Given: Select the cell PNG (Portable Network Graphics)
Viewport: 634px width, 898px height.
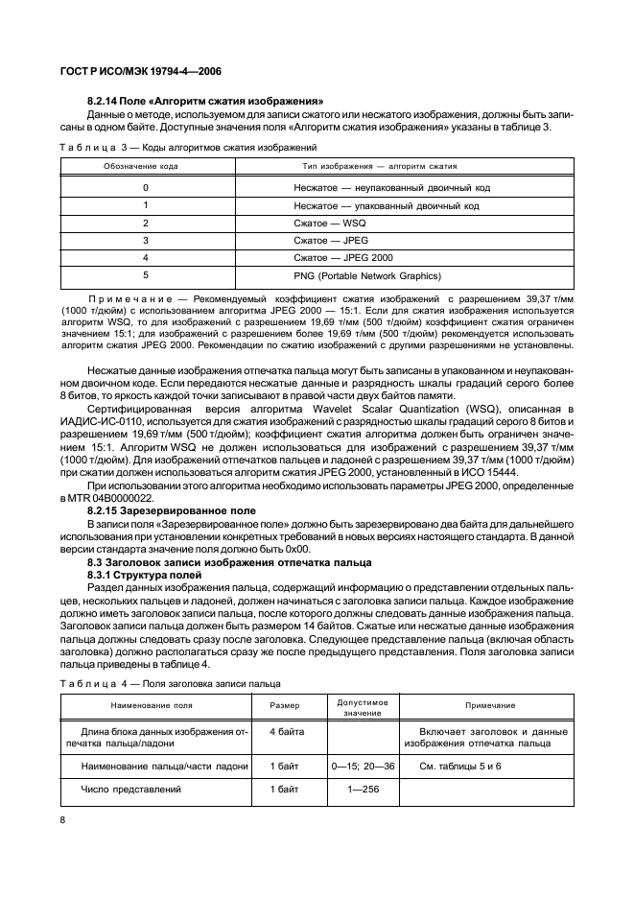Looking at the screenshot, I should coord(367,276).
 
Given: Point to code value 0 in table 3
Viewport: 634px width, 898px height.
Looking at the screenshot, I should coord(146,188).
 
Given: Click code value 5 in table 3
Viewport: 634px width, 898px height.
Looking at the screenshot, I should coord(146,276).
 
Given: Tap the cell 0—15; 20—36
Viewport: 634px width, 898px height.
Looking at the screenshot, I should coord(355,767).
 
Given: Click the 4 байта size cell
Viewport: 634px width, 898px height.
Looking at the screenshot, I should coord(287,732).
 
